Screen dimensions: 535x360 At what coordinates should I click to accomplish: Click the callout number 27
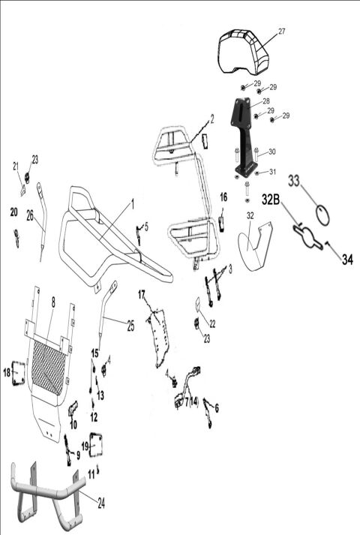pyautogui.click(x=282, y=32)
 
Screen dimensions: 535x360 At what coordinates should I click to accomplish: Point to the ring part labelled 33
pyautogui.click(x=323, y=215)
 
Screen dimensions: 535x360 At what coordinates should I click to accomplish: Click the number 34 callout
pyautogui.click(x=346, y=260)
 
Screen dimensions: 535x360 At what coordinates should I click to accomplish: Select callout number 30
pyautogui.click(x=272, y=152)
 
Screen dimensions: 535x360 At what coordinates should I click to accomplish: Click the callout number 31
pyautogui.click(x=272, y=172)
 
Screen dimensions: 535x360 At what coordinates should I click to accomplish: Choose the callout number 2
pyautogui.click(x=212, y=118)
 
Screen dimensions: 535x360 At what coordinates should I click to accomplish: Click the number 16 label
pyautogui.click(x=223, y=197)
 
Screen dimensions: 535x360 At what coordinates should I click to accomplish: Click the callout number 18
pyautogui.click(x=7, y=371)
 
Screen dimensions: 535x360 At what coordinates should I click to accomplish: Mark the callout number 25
pyautogui.click(x=131, y=325)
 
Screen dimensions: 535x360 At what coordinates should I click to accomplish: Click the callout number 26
pyautogui.click(x=30, y=216)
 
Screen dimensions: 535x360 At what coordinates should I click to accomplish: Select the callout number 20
pyautogui.click(x=13, y=212)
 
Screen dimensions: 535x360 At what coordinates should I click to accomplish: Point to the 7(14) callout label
pyautogui.click(x=190, y=402)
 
